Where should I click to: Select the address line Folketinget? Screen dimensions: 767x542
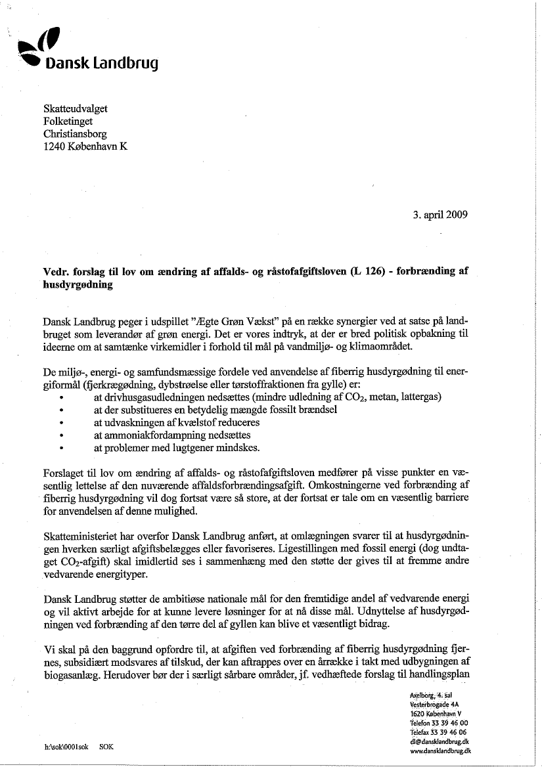pyautogui.click(x=68, y=121)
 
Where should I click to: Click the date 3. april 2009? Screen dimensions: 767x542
pyautogui.click(x=436, y=215)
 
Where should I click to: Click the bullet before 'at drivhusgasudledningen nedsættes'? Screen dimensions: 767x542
pyautogui.click(x=61, y=398)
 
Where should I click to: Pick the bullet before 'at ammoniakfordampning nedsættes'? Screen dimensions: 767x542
pyautogui.click(x=61, y=435)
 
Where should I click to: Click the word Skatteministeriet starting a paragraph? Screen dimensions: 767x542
pyautogui.click(x=83, y=535)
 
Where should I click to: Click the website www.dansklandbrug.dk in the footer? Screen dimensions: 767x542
pyautogui.click(x=440, y=749)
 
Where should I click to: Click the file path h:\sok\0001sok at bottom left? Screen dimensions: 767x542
pyautogui.click(x=66, y=747)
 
